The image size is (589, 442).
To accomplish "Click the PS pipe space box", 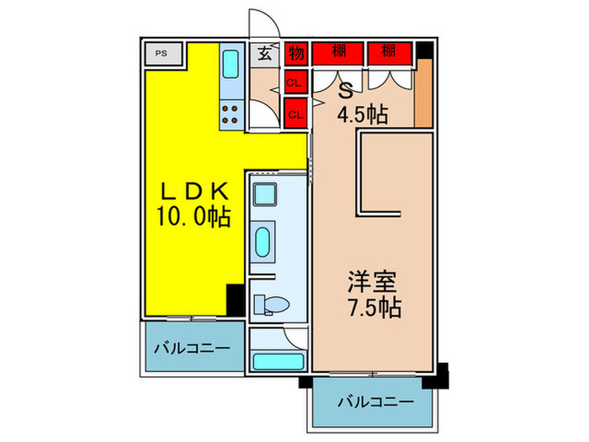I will point(161,55).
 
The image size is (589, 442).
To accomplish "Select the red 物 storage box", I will point(295,54).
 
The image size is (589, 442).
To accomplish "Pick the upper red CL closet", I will point(294,83).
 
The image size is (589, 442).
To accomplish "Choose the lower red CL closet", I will point(294,111).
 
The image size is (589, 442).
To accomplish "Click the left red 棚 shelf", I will point(337,52).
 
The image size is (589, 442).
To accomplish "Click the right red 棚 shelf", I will point(388,52).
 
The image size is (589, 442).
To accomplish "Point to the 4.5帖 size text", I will point(363,115).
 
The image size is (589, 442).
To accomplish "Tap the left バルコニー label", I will point(190,346).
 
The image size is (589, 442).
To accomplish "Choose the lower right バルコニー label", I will point(375,402).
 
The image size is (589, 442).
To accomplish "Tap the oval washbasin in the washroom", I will point(263,242).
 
